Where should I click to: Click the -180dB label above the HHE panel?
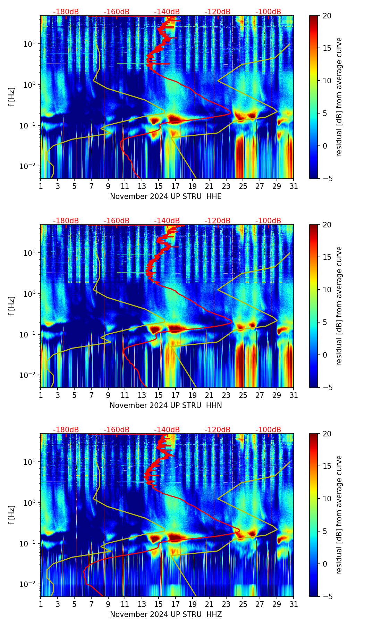[66, 12]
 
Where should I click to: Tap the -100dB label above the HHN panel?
[268, 221]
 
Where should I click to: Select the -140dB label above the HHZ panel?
[167, 430]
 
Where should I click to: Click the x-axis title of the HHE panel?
[166, 197]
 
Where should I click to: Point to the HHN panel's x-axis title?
[166, 406]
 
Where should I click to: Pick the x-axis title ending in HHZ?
[166, 615]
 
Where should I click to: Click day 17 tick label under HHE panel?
[176, 186]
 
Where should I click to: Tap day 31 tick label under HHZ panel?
[294, 604]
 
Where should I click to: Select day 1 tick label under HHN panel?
[41, 395]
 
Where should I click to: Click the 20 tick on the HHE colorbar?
[327, 16]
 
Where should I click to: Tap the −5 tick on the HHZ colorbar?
[327, 596]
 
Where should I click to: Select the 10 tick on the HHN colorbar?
[327, 290]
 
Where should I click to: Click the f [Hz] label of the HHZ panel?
[11, 515]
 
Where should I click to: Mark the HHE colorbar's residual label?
[339, 97]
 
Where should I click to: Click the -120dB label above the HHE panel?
[218, 12]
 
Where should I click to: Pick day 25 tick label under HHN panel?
[243, 395]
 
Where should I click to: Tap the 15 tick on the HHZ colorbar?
[327, 466]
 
